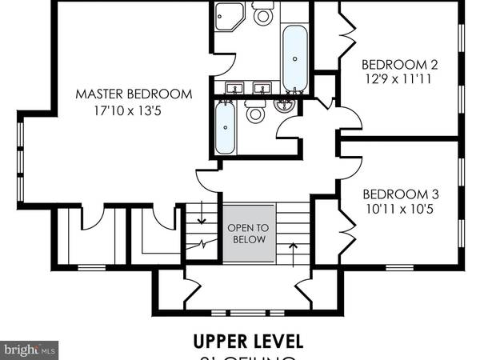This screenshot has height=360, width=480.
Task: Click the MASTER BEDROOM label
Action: click(x=134, y=94)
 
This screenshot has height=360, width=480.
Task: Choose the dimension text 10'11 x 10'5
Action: click(x=398, y=210)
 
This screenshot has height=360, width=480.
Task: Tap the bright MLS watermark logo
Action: click(x=30, y=350)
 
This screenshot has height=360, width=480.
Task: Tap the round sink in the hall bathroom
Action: click(x=285, y=103)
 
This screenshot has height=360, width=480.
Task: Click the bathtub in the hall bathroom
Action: click(x=226, y=127)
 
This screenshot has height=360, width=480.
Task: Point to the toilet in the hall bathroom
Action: click(x=255, y=113)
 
